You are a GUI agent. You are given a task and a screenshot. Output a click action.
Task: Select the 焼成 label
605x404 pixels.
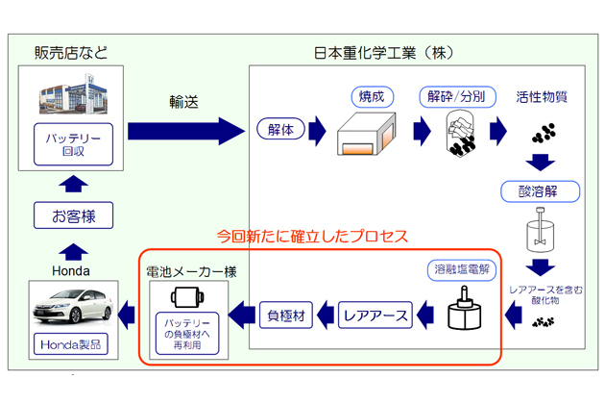[371, 97]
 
